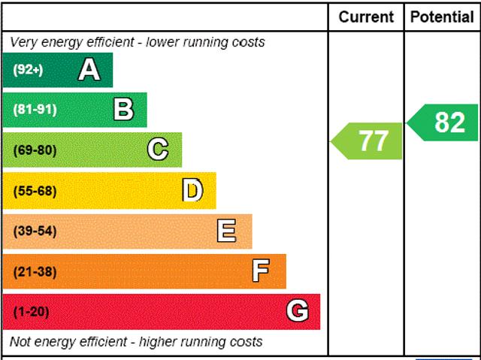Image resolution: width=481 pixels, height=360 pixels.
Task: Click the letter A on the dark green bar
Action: click(x=89, y=70)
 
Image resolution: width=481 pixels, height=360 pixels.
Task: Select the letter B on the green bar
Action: click(x=123, y=110)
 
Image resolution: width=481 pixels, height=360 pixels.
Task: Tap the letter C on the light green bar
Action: click(x=158, y=150)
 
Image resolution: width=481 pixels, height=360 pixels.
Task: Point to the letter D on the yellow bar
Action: click(x=192, y=190)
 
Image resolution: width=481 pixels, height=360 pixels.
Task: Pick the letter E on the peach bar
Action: click(x=226, y=231)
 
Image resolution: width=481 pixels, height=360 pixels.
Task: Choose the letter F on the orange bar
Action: click(x=261, y=271)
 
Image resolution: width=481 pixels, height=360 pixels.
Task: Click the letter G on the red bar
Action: click(x=298, y=311)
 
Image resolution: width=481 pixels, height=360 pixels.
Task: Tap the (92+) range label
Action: click(x=28, y=70)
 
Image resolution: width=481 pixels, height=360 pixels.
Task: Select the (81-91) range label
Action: click(x=35, y=110)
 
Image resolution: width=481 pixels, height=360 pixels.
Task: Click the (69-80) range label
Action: click(x=35, y=150)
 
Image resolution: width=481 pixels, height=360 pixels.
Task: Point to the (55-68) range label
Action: click(x=35, y=190)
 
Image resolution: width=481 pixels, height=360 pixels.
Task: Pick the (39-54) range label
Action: click(x=35, y=231)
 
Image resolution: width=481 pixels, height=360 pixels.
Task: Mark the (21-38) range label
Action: click(x=35, y=271)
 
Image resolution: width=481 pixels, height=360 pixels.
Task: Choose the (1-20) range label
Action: click(x=31, y=311)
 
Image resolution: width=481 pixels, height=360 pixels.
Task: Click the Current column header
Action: click(x=366, y=17)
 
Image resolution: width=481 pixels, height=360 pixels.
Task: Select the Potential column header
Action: click(x=442, y=17)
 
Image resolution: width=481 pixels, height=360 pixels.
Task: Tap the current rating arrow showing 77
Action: click(x=368, y=141)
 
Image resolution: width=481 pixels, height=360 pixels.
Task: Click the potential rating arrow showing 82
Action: click(x=445, y=123)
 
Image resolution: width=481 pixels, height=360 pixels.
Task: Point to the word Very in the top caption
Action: click(x=24, y=42)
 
